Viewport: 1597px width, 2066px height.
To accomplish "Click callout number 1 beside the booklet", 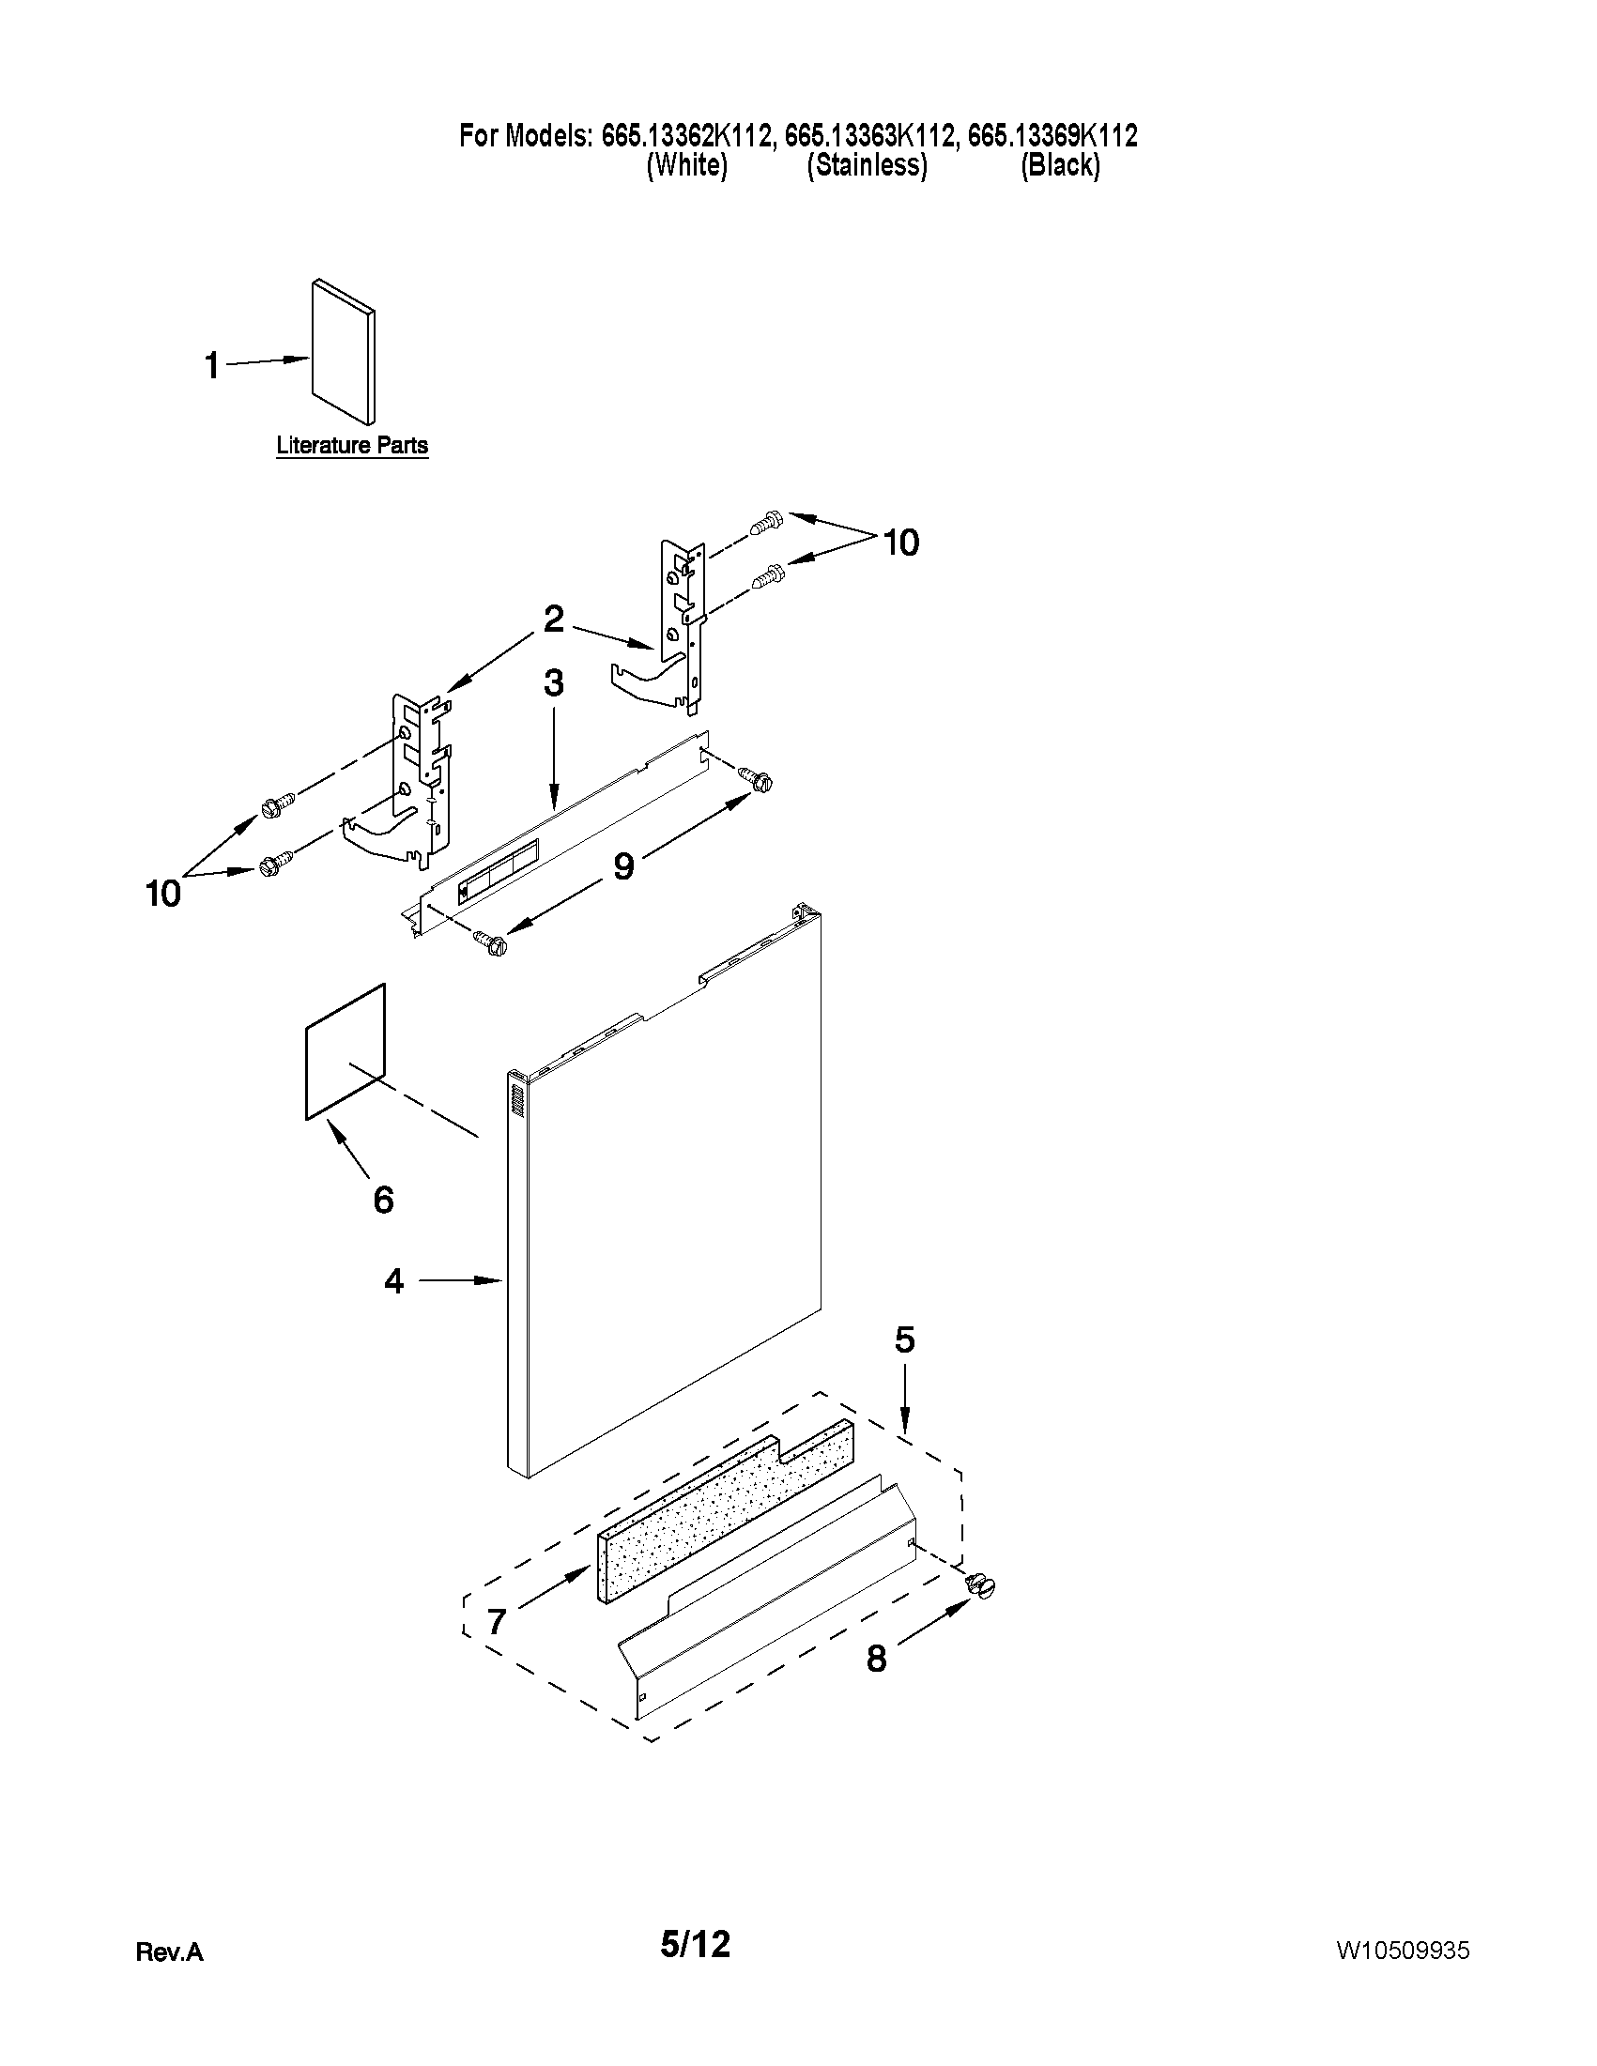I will click(x=213, y=365).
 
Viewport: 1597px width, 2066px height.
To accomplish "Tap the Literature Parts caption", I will click(x=352, y=445).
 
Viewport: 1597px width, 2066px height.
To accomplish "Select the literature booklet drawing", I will click(x=344, y=352).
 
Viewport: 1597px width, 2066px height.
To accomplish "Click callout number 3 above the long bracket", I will click(x=554, y=683).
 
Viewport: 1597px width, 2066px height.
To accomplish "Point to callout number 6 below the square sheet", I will click(x=383, y=1200).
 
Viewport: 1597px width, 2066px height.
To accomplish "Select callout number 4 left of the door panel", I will click(x=393, y=1281).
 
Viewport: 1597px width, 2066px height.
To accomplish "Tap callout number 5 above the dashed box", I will click(x=904, y=1339).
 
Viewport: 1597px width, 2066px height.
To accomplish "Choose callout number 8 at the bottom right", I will click(x=877, y=1659).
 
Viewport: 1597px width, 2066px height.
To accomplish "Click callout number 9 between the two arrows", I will click(x=623, y=866).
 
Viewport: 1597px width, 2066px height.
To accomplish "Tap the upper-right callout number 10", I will click(x=900, y=543).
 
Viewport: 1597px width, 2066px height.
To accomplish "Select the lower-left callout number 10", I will click(x=162, y=893).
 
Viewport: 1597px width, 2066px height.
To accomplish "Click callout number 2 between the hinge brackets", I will click(x=554, y=620).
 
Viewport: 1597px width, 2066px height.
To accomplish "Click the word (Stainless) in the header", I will click(x=867, y=165).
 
